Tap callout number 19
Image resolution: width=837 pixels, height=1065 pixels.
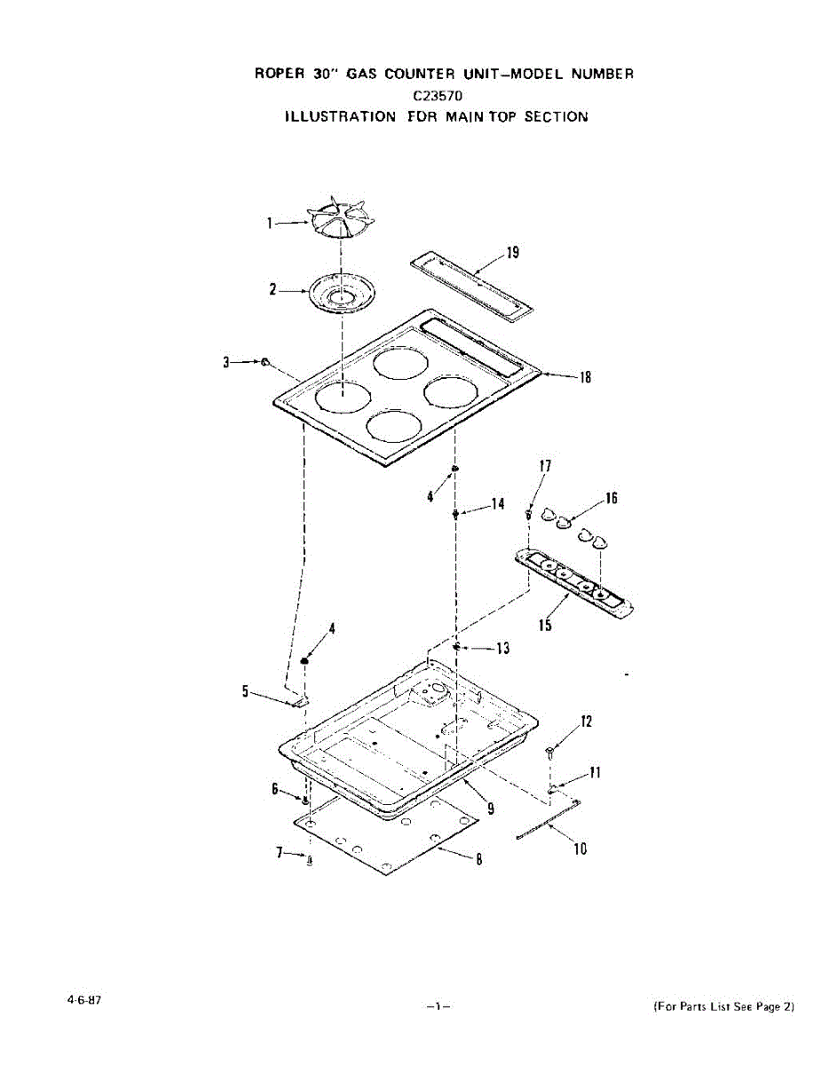pos(512,253)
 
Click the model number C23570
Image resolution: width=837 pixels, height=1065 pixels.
pos(435,94)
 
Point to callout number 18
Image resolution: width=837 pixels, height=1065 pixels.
pos(585,376)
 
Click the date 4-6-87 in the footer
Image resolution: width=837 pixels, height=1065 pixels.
pos(83,999)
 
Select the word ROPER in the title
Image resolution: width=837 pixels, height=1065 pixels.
pos(280,74)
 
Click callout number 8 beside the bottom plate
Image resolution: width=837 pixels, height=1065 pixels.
pos(478,858)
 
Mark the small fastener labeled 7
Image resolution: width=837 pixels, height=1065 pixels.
pos(309,859)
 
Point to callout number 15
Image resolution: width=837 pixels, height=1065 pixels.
pos(545,626)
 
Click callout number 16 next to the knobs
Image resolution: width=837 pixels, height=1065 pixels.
pos(611,498)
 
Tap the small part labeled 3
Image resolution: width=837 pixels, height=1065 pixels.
pos(265,362)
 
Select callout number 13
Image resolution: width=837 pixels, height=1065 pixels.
pos(502,649)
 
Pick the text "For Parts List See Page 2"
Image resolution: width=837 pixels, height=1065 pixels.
pos(723,1006)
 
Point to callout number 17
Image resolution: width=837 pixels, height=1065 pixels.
pos(545,466)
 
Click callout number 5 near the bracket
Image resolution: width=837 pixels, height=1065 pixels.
pos(246,692)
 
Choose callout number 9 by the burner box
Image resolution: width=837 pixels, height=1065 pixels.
pos(490,809)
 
